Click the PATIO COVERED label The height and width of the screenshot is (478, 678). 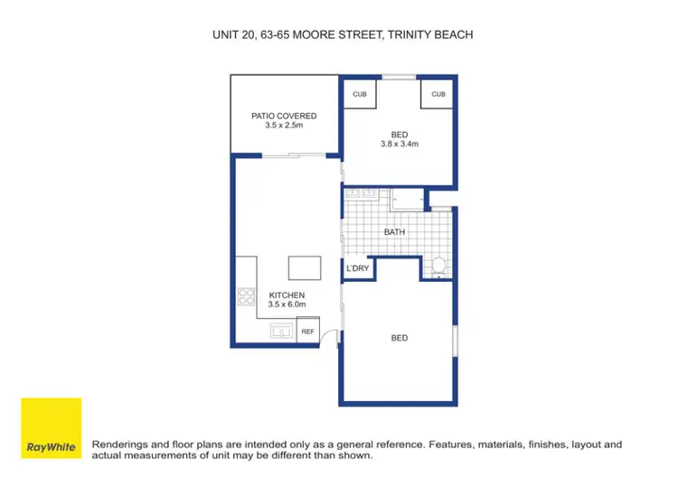pyautogui.click(x=284, y=116)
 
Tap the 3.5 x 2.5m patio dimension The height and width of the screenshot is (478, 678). pyautogui.click(x=284, y=127)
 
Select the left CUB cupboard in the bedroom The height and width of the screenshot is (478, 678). pyautogui.click(x=360, y=94)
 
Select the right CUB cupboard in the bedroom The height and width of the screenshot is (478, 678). pyautogui.click(x=438, y=94)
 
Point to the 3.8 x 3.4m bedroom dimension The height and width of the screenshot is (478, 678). pyautogui.click(x=399, y=144)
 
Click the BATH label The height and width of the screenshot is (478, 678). pyautogui.click(x=394, y=232)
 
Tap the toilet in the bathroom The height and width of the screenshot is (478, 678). pyautogui.click(x=438, y=266)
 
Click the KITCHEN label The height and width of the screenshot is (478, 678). pyautogui.click(x=287, y=295)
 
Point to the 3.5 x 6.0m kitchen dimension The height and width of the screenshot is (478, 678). pyautogui.click(x=287, y=306)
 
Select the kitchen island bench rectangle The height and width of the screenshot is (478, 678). pyautogui.click(x=303, y=268)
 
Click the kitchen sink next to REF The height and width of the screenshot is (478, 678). pyautogui.click(x=281, y=332)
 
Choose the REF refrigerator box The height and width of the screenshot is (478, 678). pyautogui.click(x=307, y=333)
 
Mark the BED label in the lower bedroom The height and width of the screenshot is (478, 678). pyautogui.click(x=400, y=338)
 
